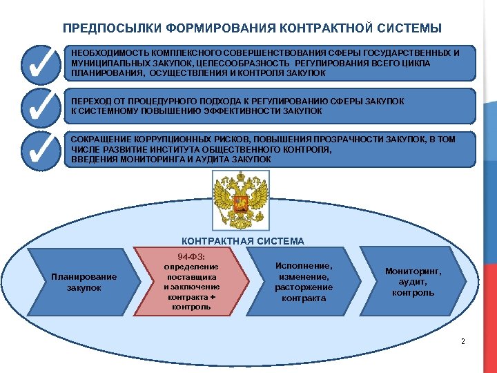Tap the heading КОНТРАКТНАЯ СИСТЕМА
(x=242, y=241)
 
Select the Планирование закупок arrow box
(x=84, y=282)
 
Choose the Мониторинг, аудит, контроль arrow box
(x=413, y=282)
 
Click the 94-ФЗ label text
(x=191, y=257)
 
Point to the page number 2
(x=462, y=342)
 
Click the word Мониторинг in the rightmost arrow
(x=413, y=271)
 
